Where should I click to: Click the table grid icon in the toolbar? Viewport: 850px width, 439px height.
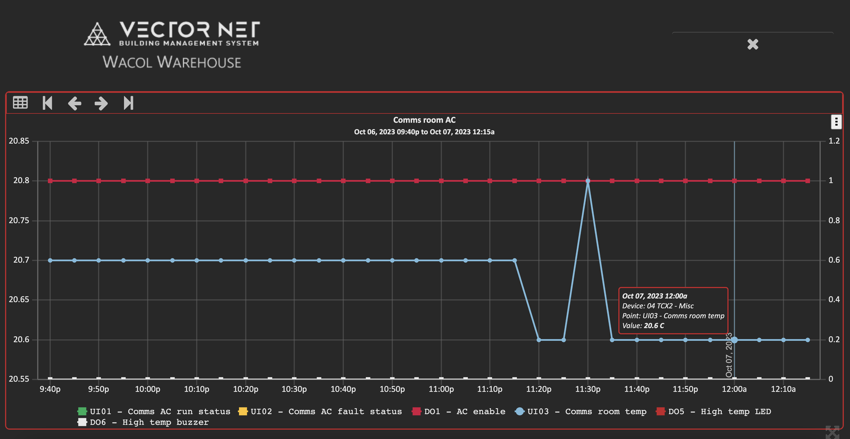point(20,103)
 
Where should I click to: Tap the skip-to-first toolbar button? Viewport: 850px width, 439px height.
point(47,103)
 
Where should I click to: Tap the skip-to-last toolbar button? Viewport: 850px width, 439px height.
point(129,103)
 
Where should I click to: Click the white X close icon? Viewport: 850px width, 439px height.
point(753,44)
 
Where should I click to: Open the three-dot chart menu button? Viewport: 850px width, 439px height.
point(836,122)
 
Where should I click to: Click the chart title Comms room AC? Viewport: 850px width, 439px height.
point(424,120)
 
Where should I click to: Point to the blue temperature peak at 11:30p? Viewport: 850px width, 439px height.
point(588,181)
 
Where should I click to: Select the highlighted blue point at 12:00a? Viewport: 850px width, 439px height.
point(734,340)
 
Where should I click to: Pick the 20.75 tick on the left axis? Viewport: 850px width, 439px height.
point(19,221)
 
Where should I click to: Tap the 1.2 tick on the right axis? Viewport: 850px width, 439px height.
point(834,141)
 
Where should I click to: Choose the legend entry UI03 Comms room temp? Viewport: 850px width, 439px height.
point(581,411)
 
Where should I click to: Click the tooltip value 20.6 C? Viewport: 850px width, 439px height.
point(653,326)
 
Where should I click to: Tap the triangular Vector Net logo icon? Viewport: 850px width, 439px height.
point(97,34)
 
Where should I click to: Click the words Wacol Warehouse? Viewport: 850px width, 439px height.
point(172,62)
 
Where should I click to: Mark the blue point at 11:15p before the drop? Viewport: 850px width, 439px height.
point(514,261)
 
